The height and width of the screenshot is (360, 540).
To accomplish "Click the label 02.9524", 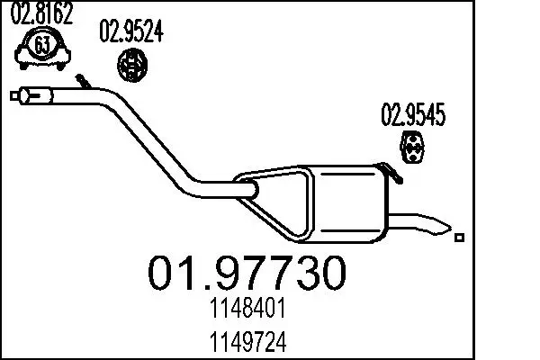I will pos(130,33).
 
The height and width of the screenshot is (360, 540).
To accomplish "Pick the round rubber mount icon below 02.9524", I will pos(134,65).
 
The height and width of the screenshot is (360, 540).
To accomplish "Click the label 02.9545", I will pos(414,115).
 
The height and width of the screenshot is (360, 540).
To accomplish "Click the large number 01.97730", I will pos(245,273).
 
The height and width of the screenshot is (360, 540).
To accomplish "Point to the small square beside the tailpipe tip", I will pos(460,238).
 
